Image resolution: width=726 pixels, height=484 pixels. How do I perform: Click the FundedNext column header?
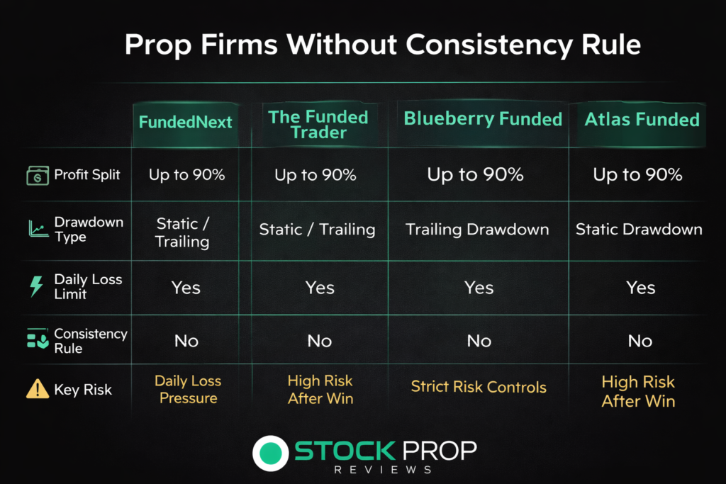[185, 122]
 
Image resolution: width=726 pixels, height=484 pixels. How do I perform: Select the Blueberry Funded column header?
[483, 119]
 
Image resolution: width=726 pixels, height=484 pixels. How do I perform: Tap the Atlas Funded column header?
[642, 119]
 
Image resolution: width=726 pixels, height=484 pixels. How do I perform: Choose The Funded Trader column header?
[318, 125]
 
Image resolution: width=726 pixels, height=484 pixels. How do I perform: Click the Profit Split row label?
[87, 174]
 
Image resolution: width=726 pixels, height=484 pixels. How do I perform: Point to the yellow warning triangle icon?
[38, 388]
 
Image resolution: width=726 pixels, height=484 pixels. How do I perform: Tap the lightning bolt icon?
[36, 286]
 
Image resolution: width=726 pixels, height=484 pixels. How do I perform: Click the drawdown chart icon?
[38, 229]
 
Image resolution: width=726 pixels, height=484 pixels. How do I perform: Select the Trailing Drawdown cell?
[477, 230]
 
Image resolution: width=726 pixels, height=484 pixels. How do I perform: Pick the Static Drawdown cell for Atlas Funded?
[639, 229]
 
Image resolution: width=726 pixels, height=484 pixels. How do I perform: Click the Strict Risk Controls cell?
[479, 386]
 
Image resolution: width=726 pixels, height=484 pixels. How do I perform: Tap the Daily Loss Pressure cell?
[188, 389]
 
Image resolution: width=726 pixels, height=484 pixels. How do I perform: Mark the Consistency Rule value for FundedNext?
[186, 341]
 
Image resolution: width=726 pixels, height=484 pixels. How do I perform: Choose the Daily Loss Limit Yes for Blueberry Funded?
[479, 288]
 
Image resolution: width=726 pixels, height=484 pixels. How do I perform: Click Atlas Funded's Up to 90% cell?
[637, 174]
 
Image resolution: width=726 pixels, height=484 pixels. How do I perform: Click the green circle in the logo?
[270, 453]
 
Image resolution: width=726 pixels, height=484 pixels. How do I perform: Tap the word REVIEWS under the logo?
[383, 470]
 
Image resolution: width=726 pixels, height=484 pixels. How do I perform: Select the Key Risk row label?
[83, 390]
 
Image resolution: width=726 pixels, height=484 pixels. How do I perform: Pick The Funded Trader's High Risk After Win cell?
[320, 390]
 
